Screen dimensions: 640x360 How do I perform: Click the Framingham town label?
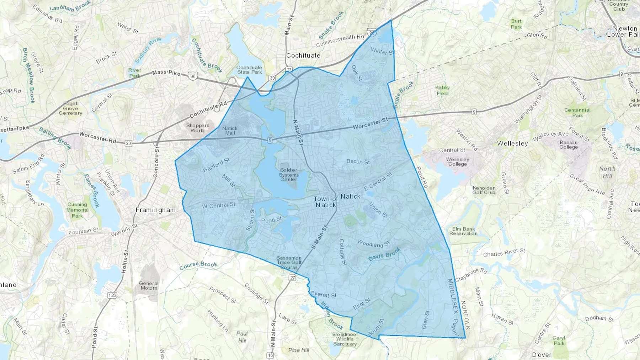click(155, 210)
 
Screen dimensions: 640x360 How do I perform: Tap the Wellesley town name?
click(512, 144)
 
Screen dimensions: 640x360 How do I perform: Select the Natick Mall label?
click(230, 130)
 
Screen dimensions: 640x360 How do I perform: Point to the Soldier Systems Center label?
click(288, 174)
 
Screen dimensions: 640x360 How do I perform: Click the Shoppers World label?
click(198, 128)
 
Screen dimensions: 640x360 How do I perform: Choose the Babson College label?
click(569, 145)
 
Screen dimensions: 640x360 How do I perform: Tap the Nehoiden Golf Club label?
click(484, 190)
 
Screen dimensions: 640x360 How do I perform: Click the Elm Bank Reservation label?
click(463, 231)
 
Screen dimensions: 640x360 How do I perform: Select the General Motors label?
click(149, 285)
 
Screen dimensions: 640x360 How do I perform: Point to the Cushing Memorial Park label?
click(77, 210)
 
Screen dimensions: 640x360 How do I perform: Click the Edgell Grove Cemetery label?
click(70, 108)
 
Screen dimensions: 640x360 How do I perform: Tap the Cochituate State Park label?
click(249, 70)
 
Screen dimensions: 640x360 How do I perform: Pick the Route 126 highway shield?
click(112, 295)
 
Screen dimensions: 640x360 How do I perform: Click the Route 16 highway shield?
click(270, 355)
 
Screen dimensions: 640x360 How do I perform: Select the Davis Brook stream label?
click(384, 254)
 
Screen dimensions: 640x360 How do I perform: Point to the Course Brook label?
click(198, 265)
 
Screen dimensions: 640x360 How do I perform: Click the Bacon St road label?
click(358, 162)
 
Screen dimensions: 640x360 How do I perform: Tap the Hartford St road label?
click(216, 165)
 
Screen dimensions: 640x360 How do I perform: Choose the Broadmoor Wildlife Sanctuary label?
click(345, 339)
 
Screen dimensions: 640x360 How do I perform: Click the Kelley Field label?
click(442, 90)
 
